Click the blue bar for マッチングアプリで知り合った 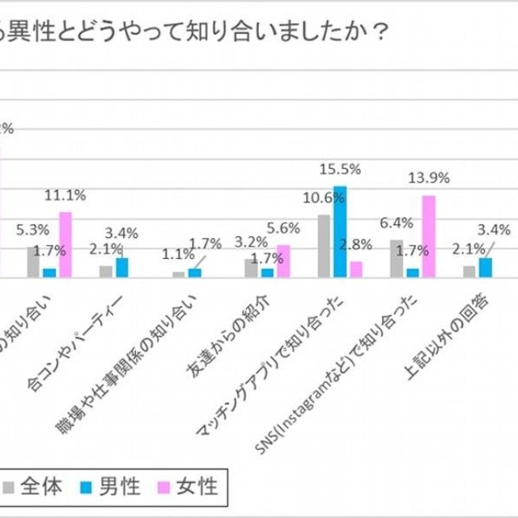tap(340, 231)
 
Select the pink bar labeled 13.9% tap(429, 236)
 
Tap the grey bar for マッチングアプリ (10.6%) tap(325, 246)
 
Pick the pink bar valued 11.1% tap(65, 244)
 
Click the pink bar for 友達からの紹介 tap(283, 261)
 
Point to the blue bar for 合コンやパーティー tap(121, 267)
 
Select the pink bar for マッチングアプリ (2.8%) tap(356, 269)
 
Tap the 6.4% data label tap(397, 223)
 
